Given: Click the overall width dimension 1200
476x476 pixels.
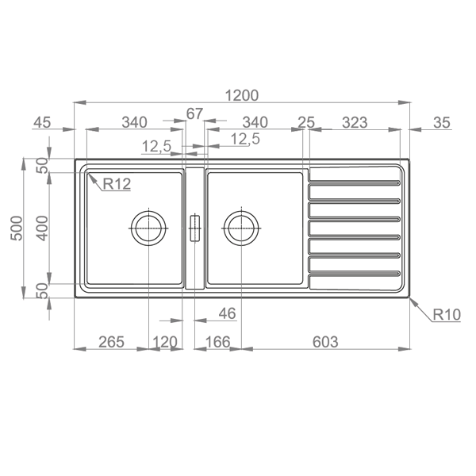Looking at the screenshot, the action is [242, 95].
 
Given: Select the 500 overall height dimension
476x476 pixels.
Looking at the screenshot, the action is [17, 228].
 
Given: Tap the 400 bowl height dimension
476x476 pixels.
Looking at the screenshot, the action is [42, 228].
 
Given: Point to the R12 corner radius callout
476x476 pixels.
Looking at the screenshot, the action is [117, 184].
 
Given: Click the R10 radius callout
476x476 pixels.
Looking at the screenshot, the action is [447, 314].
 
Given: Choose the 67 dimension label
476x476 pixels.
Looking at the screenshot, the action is [194, 113].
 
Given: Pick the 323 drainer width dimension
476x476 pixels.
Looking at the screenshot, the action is [355, 123].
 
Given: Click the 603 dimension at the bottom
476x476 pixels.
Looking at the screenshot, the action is [325, 342].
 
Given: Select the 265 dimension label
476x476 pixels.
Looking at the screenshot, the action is [111, 342].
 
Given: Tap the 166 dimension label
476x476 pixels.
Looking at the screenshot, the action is [217, 342].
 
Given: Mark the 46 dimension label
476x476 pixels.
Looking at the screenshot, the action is [227, 313].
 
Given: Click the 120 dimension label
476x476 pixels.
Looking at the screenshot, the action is [164, 342].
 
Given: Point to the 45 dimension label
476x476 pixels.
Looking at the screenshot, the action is [42, 123].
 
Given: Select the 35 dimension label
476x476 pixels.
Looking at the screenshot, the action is [442, 123].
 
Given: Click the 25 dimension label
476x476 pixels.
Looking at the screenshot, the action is [306, 123].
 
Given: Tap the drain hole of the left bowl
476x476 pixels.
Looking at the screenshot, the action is [149, 228].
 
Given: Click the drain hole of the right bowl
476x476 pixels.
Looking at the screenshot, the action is [241, 228].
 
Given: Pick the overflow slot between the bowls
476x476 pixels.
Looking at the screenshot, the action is [194, 228].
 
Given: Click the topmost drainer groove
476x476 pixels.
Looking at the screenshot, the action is [355, 182].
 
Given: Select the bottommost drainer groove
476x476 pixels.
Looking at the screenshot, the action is [355, 274].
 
